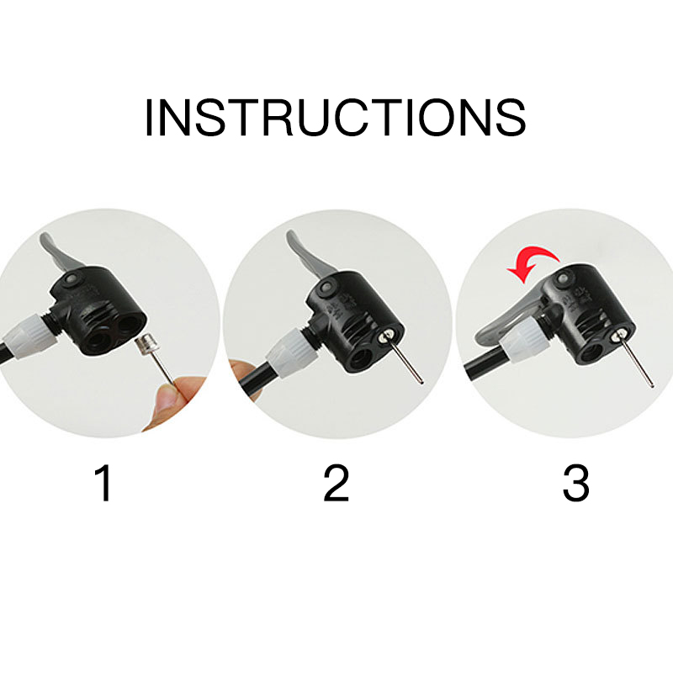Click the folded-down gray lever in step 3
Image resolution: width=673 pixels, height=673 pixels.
pos(506,323)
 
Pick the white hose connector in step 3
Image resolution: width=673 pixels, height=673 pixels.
pos(525,337)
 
